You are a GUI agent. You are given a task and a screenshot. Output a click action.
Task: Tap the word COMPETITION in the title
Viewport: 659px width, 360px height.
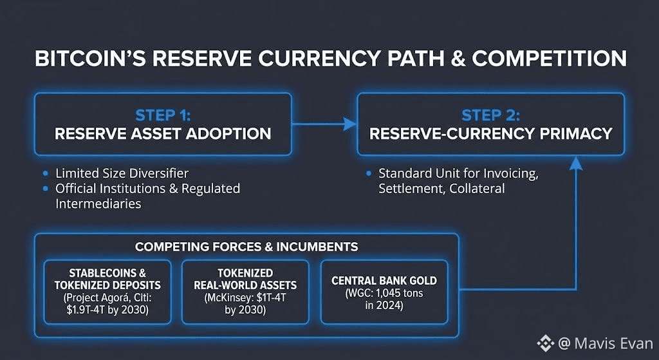click(549, 59)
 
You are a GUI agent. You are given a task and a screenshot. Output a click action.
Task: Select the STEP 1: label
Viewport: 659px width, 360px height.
click(162, 115)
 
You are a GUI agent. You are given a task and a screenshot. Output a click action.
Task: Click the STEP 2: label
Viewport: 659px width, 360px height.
click(490, 115)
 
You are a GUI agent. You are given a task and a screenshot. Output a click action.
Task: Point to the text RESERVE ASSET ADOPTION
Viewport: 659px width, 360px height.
click(162, 134)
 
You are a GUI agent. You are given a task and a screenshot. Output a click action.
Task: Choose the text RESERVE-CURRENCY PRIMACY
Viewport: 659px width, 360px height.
click(490, 134)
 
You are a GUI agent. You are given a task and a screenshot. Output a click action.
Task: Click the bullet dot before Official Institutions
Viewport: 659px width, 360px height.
click(44, 189)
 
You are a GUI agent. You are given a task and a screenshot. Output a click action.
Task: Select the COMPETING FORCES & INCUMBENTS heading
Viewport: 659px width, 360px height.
click(246, 247)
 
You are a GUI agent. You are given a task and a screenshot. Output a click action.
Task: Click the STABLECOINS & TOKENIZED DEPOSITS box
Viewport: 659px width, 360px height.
click(107, 291)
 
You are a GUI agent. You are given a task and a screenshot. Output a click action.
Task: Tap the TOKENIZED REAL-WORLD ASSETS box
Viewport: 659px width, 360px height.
click(245, 291)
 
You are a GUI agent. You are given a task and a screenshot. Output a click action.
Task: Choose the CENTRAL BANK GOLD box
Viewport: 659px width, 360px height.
click(384, 291)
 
